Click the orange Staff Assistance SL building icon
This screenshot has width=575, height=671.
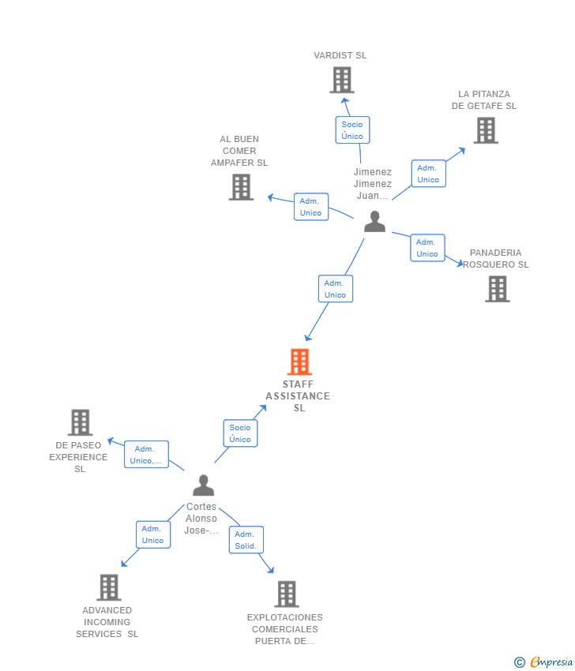tap(299, 362)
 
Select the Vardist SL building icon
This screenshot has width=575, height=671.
tap(341, 80)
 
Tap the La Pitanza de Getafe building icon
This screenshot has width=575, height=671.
tap(486, 130)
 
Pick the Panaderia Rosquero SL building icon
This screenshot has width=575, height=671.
tap(497, 289)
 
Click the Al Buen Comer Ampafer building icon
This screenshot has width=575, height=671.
tap(241, 187)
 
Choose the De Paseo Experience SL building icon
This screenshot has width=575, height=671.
tap(80, 422)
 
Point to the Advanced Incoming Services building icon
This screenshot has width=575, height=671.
tap(109, 587)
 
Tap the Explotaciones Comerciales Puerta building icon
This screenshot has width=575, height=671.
tap(286, 594)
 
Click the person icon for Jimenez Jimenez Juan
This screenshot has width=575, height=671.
tap(374, 222)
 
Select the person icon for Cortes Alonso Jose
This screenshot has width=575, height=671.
tap(203, 485)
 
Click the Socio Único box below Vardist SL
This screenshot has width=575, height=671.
tap(352, 130)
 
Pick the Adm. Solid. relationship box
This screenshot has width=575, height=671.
tap(246, 540)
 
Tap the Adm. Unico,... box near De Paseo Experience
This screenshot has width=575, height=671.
tap(146, 455)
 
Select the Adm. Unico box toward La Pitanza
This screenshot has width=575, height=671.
tap(428, 174)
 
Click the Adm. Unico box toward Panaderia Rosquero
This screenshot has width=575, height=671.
tap(427, 248)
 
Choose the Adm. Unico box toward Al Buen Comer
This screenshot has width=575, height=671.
tap(310, 207)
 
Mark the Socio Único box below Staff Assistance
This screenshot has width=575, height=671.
tap(240, 433)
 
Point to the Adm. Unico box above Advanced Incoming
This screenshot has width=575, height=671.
tap(152, 534)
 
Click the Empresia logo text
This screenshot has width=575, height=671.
tap(550, 662)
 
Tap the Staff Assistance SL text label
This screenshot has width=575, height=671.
tap(298, 396)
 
